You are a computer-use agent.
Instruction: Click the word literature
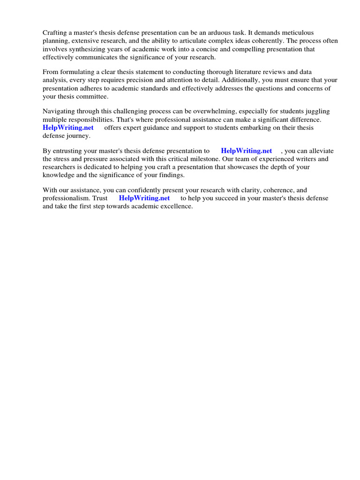pos(257,72)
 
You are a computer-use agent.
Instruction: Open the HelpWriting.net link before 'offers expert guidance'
pos(68,127)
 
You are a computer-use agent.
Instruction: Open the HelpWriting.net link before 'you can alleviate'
pos(246,150)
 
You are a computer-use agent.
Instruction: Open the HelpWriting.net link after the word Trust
pos(144,198)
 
